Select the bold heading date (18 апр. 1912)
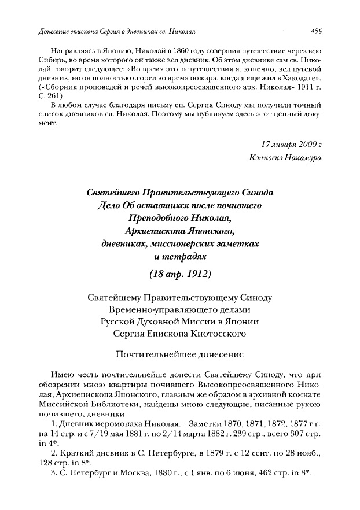179,273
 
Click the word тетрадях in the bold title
186,255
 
